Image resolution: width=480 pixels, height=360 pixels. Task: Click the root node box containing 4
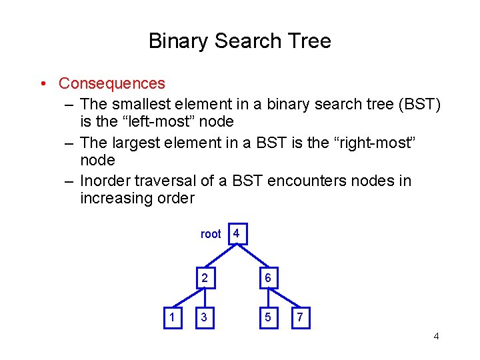pos(236,233)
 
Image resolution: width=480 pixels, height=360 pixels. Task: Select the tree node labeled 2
pos(204,279)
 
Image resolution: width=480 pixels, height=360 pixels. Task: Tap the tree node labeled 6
pos(267,279)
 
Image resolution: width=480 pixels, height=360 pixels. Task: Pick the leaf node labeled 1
pos(172,318)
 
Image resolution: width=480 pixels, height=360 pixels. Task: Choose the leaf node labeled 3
pos(204,318)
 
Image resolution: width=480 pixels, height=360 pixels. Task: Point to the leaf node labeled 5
pos(267,318)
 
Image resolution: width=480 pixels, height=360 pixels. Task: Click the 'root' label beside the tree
pos(211,234)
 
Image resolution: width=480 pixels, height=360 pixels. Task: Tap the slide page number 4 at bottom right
pos(436,336)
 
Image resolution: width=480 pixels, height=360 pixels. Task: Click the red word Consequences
pos(111,83)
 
